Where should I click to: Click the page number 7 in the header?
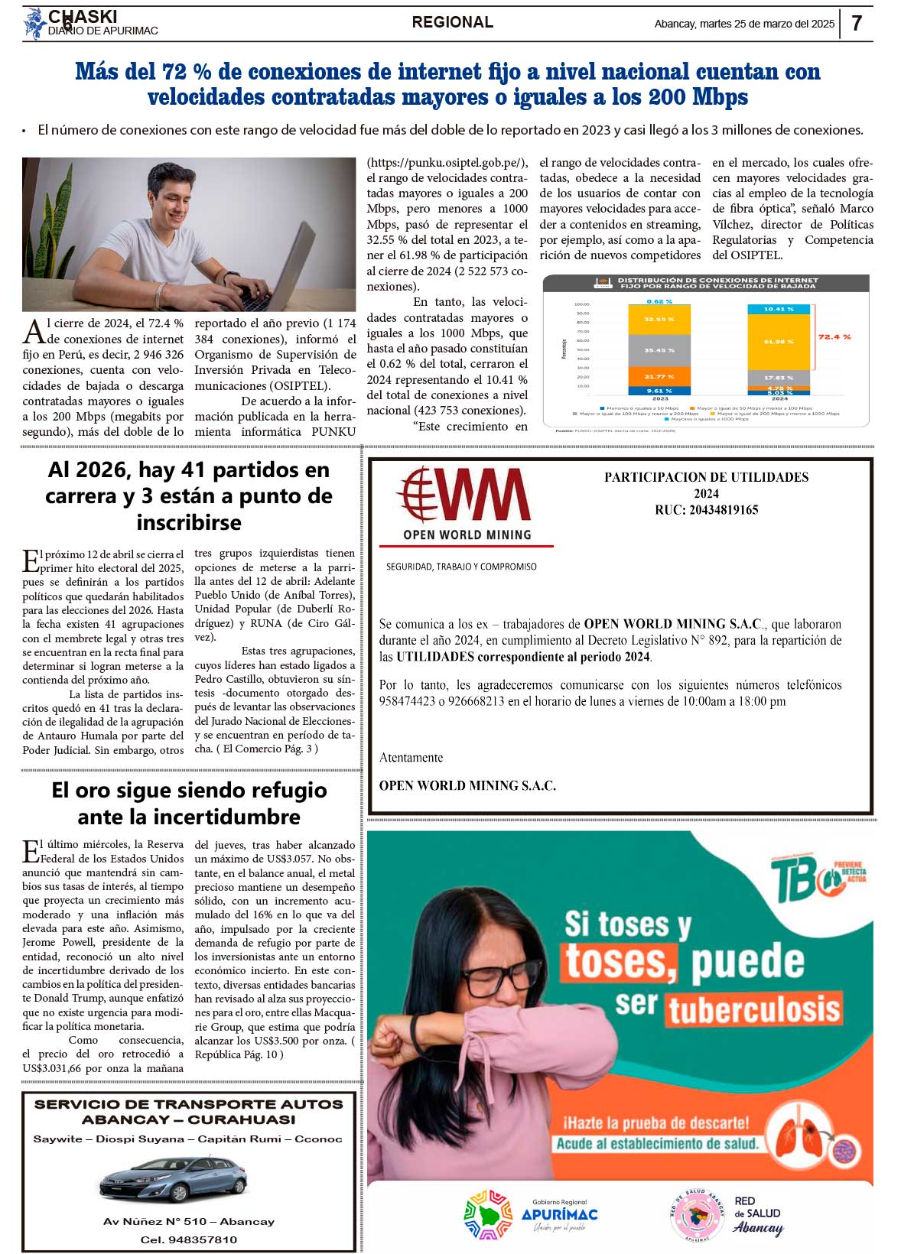tap(857, 23)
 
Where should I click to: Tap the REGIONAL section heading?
tap(452, 22)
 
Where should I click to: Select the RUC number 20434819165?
tap(706, 510)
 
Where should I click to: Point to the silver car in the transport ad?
tap(174, 1181)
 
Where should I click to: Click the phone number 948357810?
tap(189, 1239)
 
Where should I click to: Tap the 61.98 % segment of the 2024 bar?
tap(779, 341)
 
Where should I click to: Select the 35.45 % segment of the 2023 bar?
tap(659, 350)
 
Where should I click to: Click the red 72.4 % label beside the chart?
tap(834, 337)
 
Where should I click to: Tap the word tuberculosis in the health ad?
tap(754, 1009)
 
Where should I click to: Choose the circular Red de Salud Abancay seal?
tap(696, 1215)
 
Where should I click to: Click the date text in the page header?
tap(744, 24)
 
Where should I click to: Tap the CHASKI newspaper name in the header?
tap(83, 16)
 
